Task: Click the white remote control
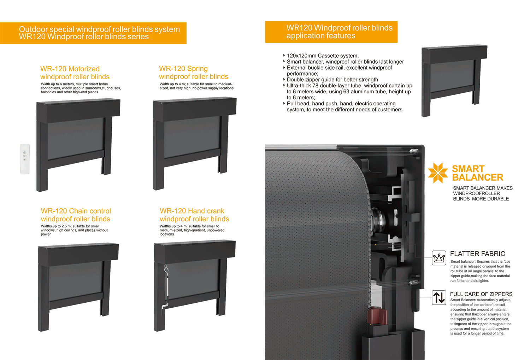[25, 159]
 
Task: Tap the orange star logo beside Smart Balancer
[438, 173]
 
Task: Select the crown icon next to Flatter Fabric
[439, 258]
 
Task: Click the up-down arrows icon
[439, 297]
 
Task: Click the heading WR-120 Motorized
[70, 69]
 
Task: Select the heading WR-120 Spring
[183, 69]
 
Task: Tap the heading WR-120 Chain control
[76, 211]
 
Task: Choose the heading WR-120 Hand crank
[192, 211]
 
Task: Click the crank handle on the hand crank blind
[166, 286]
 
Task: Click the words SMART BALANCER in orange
[477, 173]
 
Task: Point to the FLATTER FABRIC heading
[477, 254]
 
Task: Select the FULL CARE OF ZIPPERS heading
[481, 294]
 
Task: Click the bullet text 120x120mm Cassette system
[323, 56]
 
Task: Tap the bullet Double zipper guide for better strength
[332, 80]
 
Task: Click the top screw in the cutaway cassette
[414, 151]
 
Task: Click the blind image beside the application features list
[454, 81]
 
